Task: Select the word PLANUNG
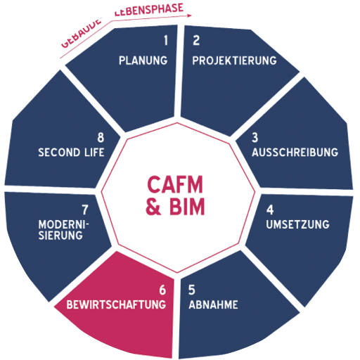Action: click(x=144, y=60)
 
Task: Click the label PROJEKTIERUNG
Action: click(x=234, y=60)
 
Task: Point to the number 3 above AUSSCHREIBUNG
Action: click(x=257, y=138)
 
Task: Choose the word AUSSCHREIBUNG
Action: click(x=295, y=152)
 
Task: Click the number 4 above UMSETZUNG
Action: click(x=269, y=210)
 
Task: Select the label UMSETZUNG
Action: click(x=297, y=224)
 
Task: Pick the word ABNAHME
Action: click(x=213, y=304)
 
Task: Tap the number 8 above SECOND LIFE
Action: click(x=100, y=138)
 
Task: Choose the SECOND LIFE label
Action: click(x=71, y=152)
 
